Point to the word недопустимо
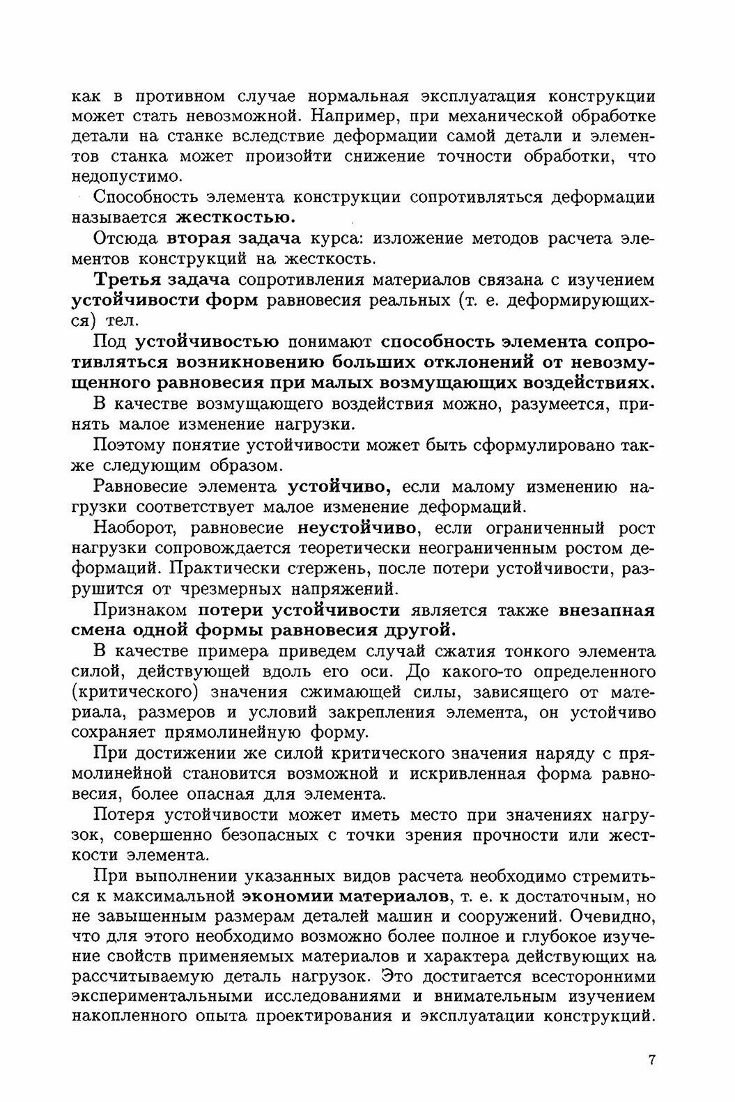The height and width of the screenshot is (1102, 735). [126, 176]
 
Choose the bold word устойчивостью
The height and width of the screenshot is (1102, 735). [207, 342]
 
